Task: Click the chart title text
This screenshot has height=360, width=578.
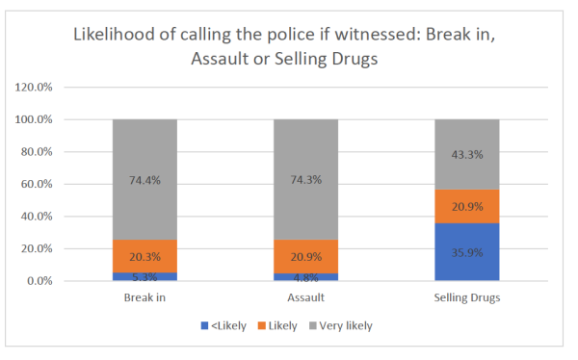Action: click(289, 46)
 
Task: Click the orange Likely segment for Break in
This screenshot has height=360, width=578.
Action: click(144, 256)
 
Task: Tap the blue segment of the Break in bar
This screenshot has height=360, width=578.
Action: click(144, 277)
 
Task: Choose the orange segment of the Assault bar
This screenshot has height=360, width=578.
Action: click(305, 256)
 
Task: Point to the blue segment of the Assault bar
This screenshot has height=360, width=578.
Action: click(305, 277)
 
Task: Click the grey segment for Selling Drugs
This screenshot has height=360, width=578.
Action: click(467, 154)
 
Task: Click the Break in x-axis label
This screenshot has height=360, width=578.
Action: click(144, 298)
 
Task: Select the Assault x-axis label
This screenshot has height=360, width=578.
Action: click(305, 298)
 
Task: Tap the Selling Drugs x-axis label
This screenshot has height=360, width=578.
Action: click(467, 298)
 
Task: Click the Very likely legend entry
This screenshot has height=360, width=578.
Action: click(342, 325)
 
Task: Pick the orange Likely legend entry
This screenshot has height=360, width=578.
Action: click(279, 325)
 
